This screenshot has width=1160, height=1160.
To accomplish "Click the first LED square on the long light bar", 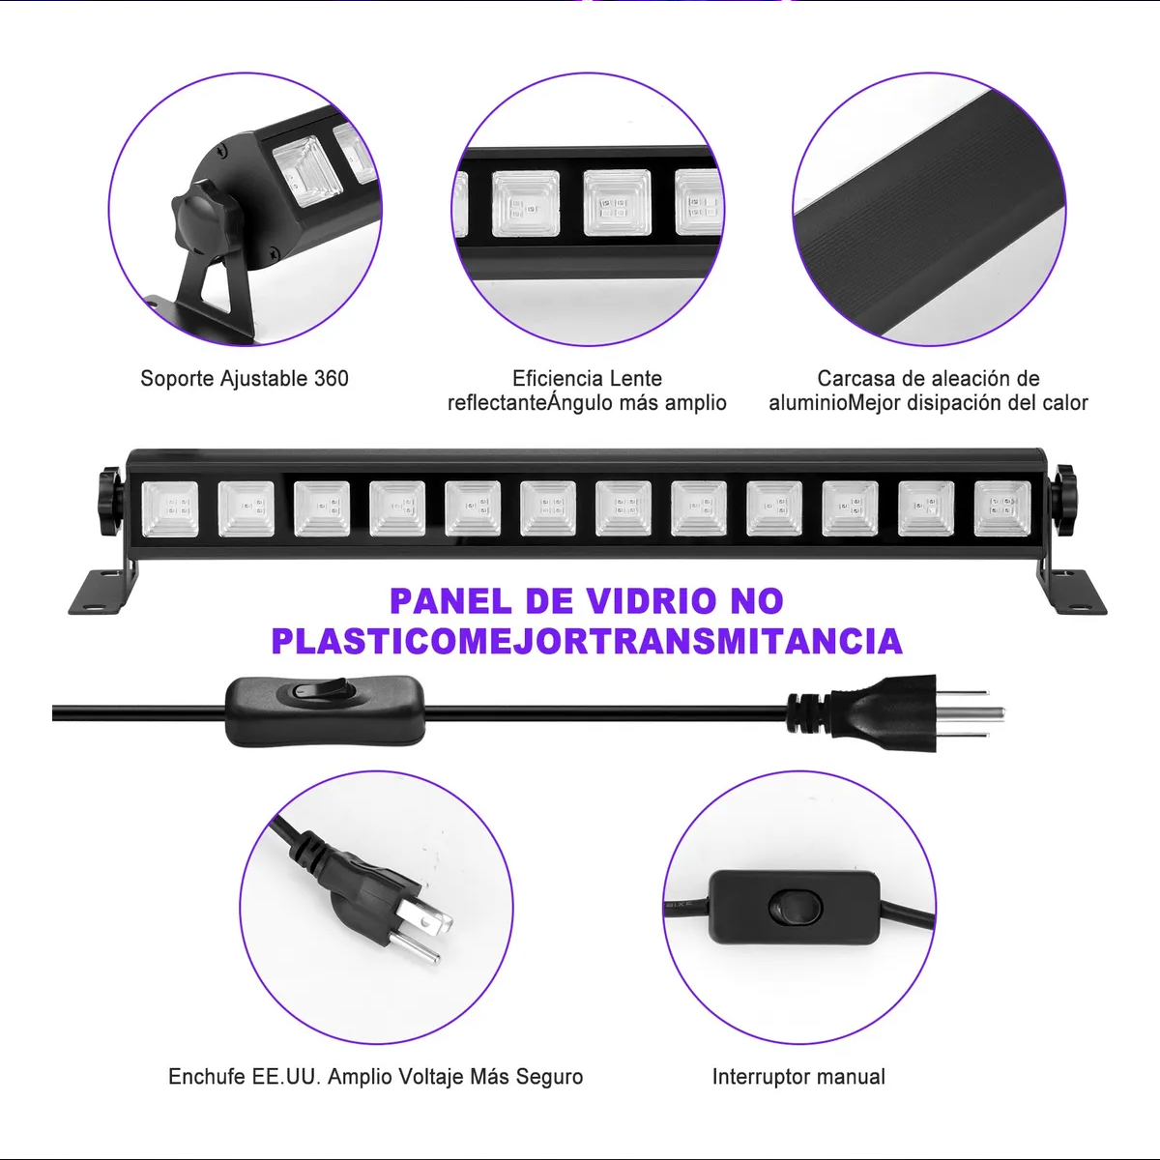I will (170, 509).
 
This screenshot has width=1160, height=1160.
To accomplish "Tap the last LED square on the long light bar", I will (1001, 509).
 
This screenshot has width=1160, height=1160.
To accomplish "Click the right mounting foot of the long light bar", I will (1073, 591).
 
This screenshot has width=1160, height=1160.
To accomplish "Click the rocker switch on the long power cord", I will (324, 688).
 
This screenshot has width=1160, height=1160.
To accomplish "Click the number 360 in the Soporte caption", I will (331, 379).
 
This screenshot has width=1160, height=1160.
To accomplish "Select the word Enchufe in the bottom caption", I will (206, 1077).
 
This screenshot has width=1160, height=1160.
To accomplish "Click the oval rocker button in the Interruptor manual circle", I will (795, 907).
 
